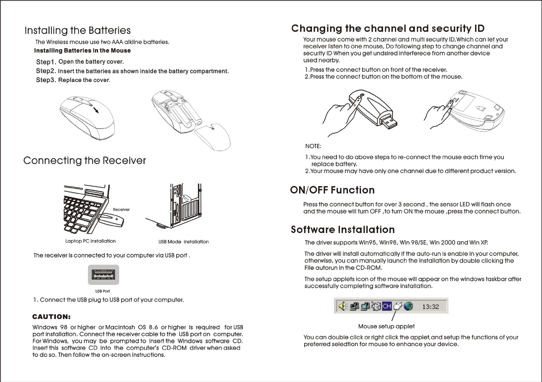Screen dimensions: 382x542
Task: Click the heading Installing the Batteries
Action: (x=78, y=31)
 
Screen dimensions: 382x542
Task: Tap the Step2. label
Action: (x=46, y=71)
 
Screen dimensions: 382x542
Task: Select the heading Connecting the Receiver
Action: (x=85, y=161)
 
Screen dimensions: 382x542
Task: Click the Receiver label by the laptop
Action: (x=121, y=210)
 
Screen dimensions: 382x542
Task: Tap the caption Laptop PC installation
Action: (x=90, y=241)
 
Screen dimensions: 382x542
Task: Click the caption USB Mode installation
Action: (x=183, y=242)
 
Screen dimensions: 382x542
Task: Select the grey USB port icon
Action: (x=103, y=275)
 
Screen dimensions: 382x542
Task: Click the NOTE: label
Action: (x=313, y=146)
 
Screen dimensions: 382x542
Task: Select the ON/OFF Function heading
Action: (x=332, y=190)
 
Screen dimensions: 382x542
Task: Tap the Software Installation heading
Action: (x=343, y=230)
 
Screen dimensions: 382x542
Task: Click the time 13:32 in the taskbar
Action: (x=431, y=306)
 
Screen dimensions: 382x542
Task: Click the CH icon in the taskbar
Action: (x=387, y=306)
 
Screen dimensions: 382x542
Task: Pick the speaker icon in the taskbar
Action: (x=342, y=306)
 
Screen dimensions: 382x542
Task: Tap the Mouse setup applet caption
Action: (x=386, y=326)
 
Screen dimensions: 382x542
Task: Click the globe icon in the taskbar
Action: (x=408, y=306)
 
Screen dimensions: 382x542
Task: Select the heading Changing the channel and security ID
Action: (x=388, y=29)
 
